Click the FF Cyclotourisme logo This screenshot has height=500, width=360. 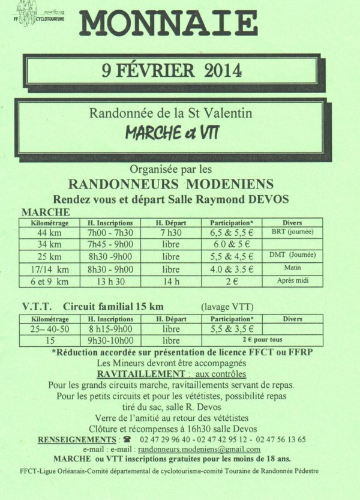pyautogui.click(x=37, y=13)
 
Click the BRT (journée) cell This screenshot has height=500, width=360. pyautogui.click(x=292, y=233)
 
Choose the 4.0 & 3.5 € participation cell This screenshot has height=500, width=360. pyautogui.click(x=232, y=269)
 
